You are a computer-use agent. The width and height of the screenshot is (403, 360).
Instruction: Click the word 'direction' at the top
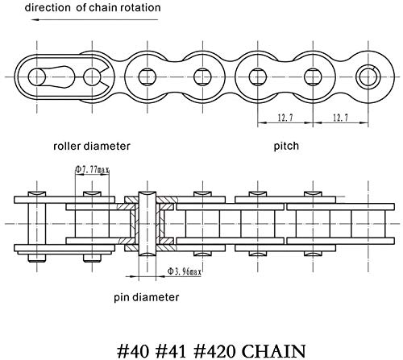(x=48, y=7)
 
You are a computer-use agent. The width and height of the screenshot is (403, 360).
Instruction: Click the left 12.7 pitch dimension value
(x=285, y=118)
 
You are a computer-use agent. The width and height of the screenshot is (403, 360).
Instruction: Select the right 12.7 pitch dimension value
(x=340, y=118)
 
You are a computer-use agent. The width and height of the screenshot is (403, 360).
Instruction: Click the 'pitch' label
(x=286, y=147)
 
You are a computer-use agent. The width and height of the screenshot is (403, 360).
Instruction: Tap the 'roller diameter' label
(x=92, y=147)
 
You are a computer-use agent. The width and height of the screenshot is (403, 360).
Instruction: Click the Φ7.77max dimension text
(x=92, y=169)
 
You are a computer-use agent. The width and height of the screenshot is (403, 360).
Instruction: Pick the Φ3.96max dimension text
(x=185, y=271)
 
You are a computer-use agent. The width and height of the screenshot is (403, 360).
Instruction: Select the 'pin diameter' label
(x=147, y=297)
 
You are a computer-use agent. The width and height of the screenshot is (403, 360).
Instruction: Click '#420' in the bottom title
(x=214, y=351)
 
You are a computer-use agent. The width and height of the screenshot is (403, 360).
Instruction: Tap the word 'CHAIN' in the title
(x=274, y=351)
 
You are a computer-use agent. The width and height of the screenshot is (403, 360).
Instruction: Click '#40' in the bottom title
(x=133, y=351)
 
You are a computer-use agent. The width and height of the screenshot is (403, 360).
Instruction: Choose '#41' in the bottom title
(x=171, y=351)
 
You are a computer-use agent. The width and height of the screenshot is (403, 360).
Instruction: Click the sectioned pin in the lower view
(x=147, y=224)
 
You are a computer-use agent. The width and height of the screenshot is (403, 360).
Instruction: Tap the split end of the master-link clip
(x=106, y=77)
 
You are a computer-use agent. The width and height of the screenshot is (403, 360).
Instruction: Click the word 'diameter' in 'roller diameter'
(x=107, y=147)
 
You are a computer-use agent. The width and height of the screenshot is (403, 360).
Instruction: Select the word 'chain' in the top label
(x=103, y=7)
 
